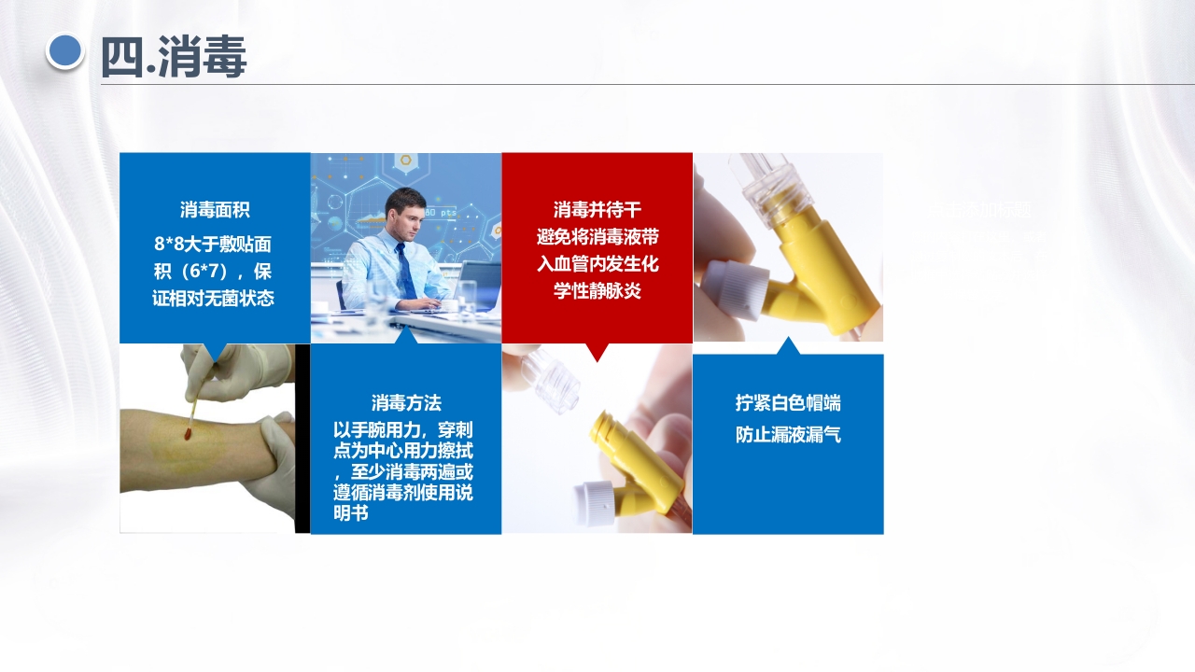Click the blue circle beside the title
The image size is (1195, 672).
coord(64,51)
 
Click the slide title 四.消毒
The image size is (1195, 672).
coord(174,57)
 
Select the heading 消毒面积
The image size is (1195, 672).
coord(215,210)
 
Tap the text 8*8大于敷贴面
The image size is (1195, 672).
coord(214,244)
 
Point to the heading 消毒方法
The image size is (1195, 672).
coord(406,402)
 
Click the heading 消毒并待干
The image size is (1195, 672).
coord(597,210)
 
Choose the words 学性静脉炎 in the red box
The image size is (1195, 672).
coord(597,291)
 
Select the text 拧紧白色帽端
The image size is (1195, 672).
coord(788,402)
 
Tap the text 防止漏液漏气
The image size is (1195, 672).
coord(788,435)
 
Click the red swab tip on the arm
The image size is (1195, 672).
coord(189,433)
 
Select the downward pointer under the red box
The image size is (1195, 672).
coord(597,352)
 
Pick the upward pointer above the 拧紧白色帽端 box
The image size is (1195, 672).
coord(788,346)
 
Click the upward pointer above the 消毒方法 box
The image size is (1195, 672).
coord(406,336)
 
